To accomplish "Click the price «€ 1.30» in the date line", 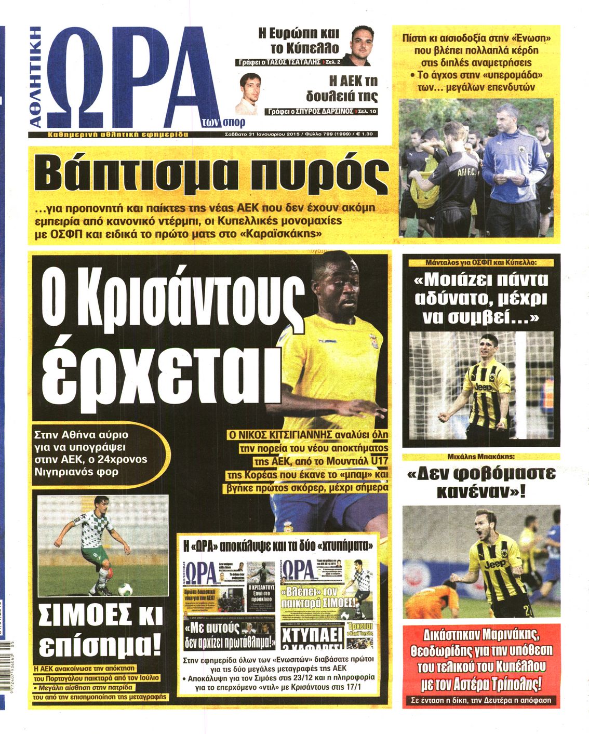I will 366,134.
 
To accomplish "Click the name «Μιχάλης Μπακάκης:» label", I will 481,457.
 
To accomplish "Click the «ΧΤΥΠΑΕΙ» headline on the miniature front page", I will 312,635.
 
